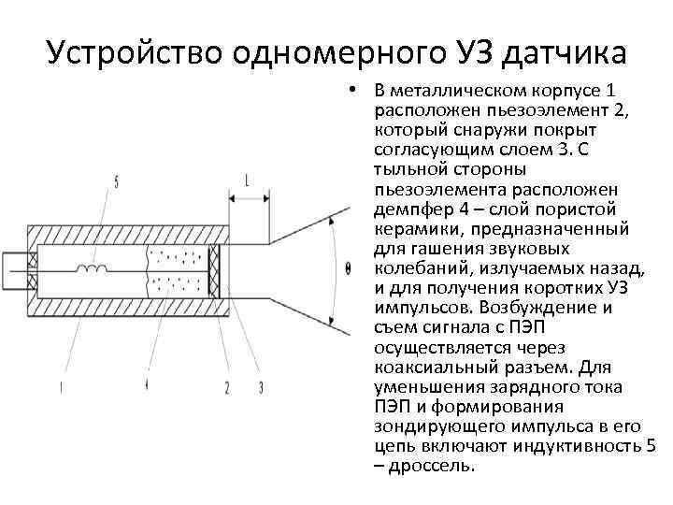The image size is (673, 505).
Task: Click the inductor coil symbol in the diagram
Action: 93,267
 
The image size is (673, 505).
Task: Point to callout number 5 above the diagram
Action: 116,183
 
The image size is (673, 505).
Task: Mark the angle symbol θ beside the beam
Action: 348,268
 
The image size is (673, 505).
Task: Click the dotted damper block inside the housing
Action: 178,268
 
